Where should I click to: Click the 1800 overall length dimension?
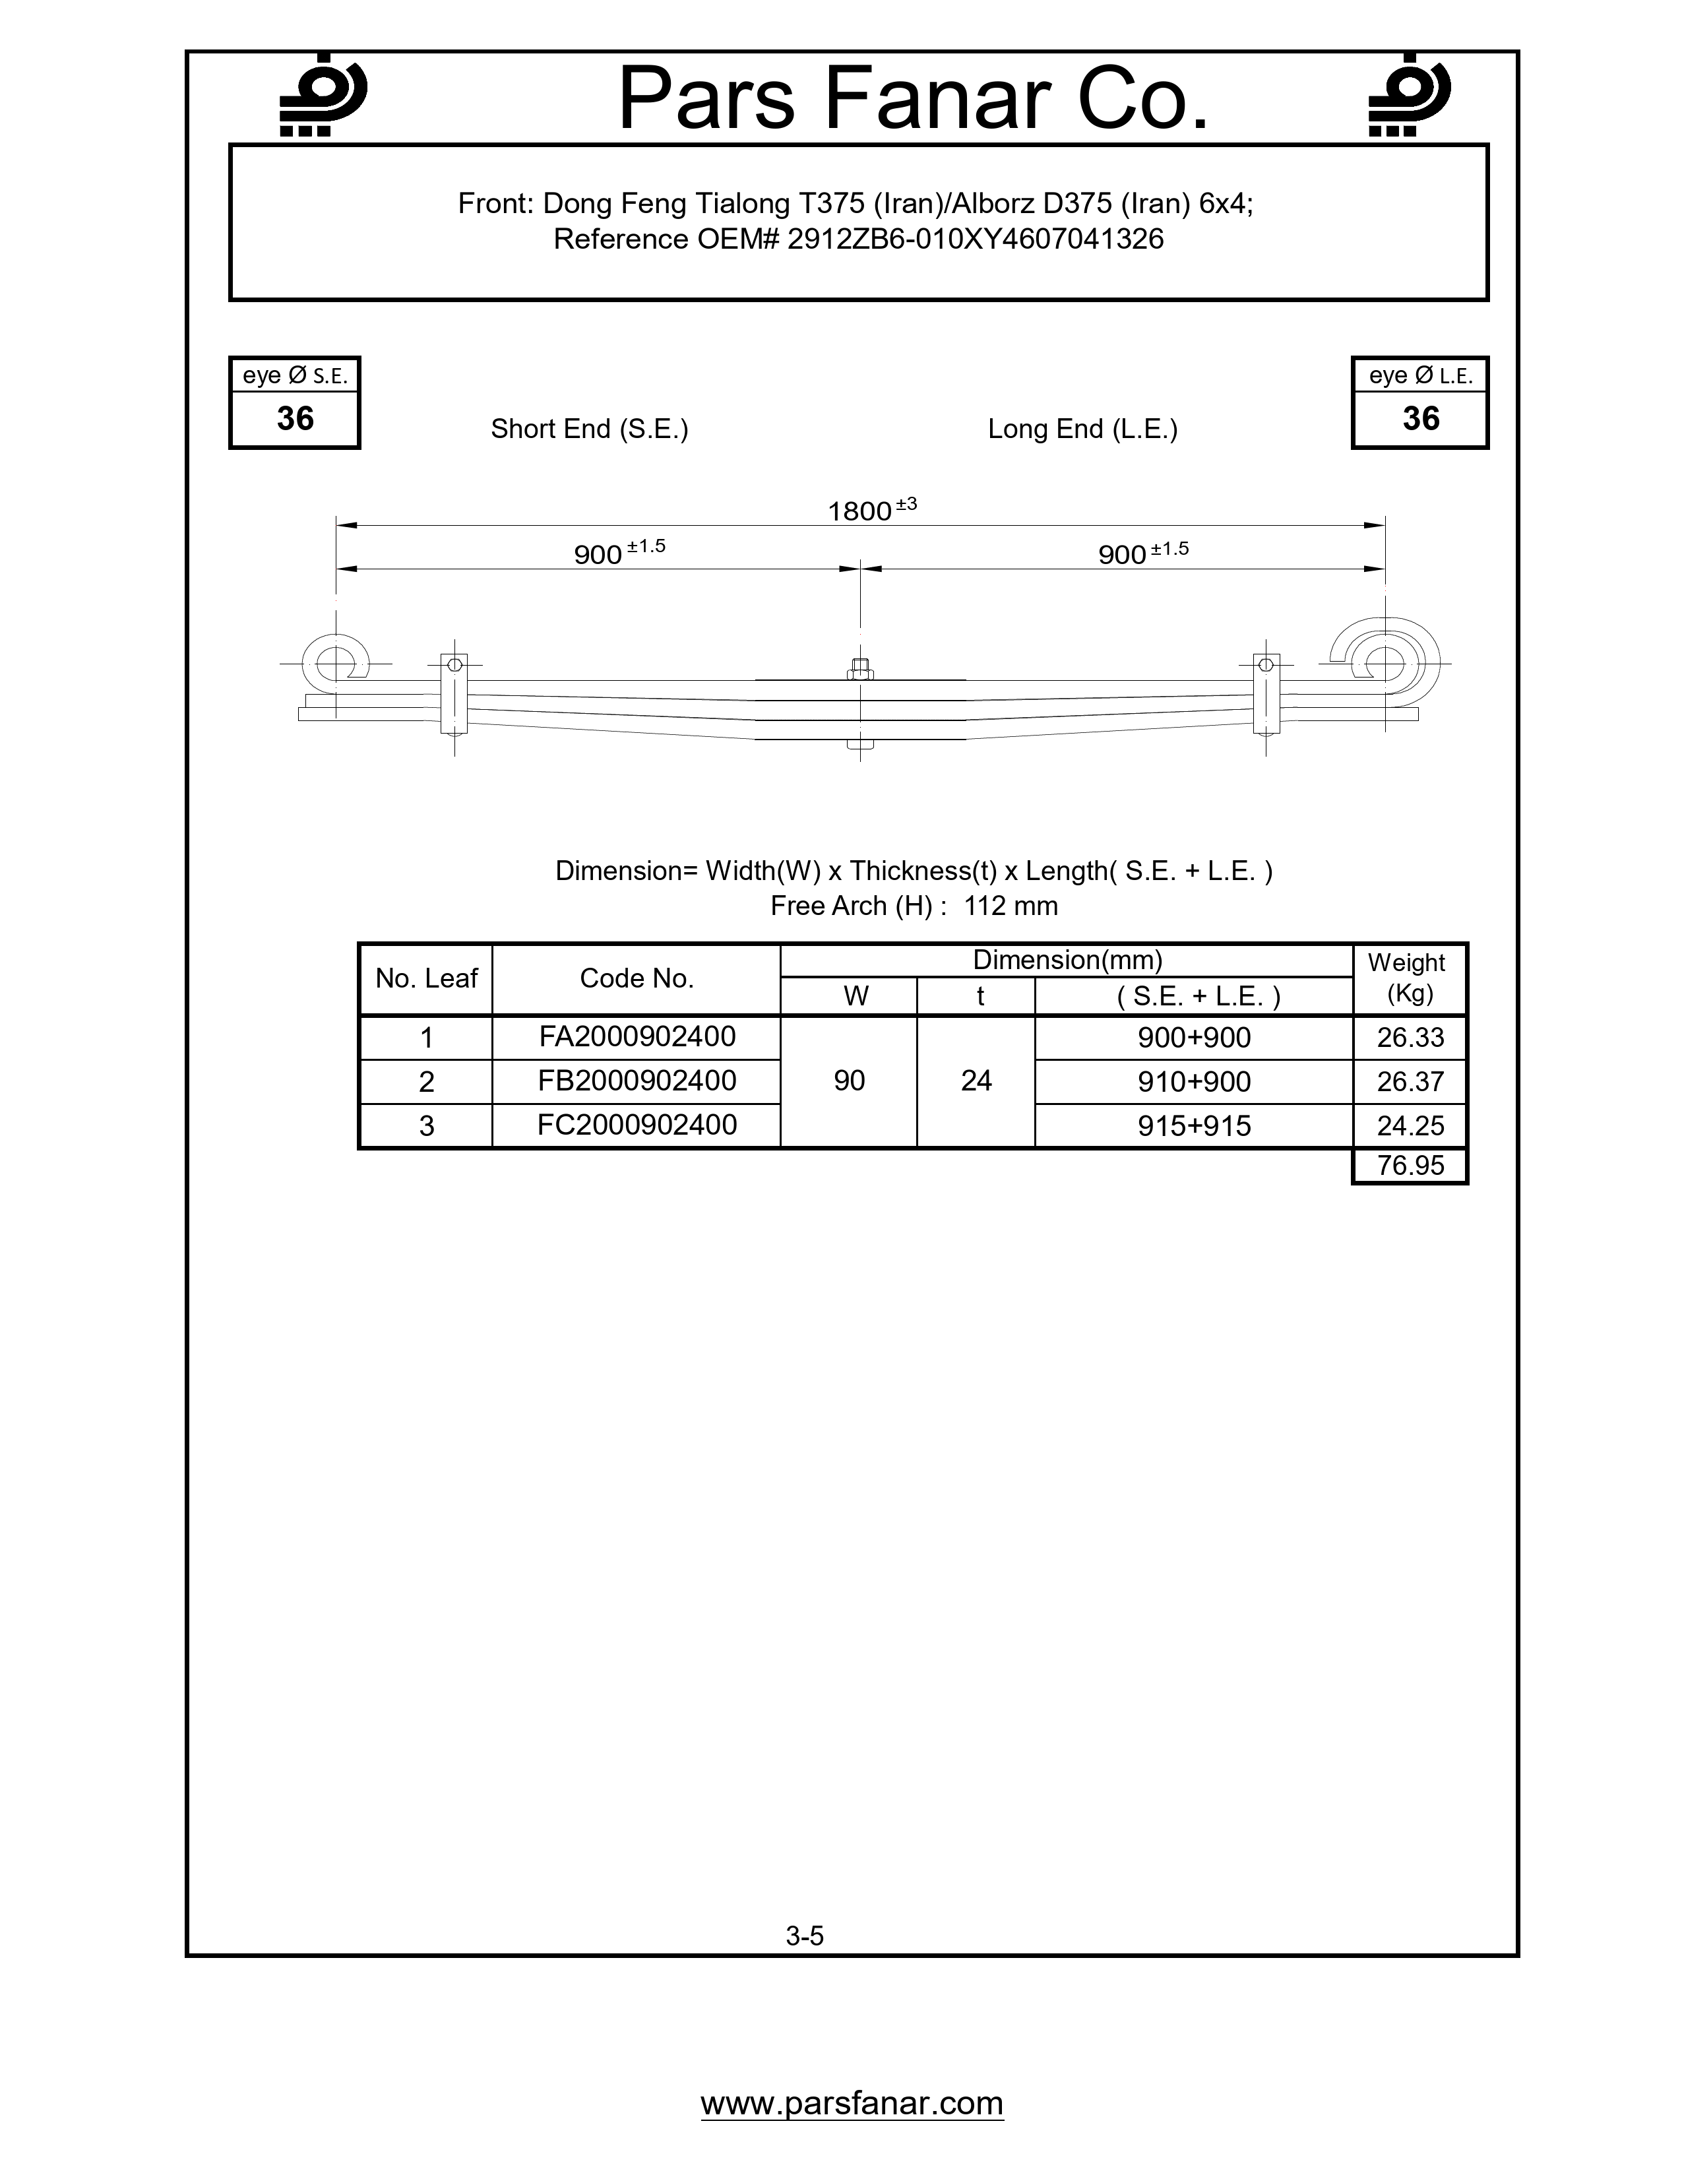(860, 511)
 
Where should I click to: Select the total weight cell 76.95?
(1410, 1165)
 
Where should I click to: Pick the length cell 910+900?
(1194, 1081)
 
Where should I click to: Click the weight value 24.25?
(1410, 1125)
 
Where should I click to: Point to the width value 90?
(849, 1081)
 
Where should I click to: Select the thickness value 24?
(976, 1081)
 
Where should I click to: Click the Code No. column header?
(637, 979)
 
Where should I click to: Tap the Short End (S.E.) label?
(589, 429)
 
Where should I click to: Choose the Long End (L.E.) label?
(1082, 429)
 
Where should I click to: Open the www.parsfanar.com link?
(852, 2102)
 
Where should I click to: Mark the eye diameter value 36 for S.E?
(295, 419)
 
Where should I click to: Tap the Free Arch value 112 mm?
(1011, 906)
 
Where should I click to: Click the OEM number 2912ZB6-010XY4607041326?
(974, 239)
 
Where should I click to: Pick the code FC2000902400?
(637, 1125)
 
